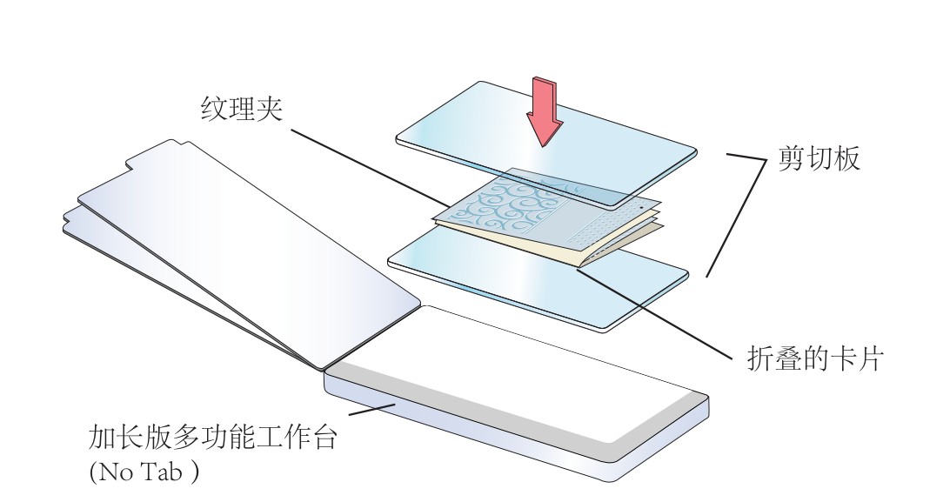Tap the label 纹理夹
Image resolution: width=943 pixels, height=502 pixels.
point(241,110)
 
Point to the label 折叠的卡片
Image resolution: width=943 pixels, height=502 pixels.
point(815,359)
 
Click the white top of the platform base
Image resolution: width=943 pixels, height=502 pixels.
point(522,374)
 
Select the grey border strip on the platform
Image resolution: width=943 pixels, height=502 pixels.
point(487,405)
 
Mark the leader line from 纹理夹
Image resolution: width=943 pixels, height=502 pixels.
point(365,165)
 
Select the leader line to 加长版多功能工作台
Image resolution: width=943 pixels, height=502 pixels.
point(370,411)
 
